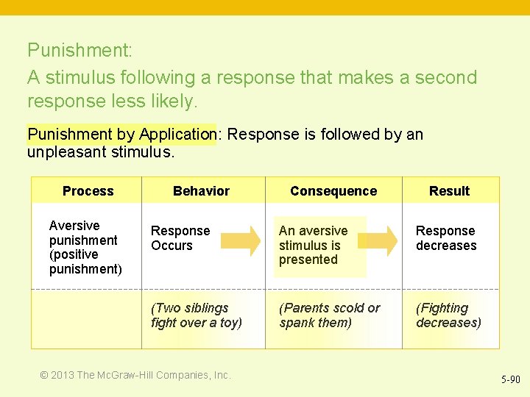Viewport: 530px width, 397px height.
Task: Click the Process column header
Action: pos(88,191)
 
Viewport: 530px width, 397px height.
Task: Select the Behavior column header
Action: pos(201,191)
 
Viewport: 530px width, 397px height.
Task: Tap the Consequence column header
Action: pos(333,191)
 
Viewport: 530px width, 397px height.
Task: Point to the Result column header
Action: pos(449,191)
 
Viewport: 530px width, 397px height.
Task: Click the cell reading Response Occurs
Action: pos(180,238)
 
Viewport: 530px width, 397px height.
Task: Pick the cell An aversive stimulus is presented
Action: pos(313,245)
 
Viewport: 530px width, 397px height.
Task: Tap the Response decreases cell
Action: pos(446,238)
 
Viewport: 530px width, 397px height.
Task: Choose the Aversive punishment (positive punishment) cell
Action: pos(85,247)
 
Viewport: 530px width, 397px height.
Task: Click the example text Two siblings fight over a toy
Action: pos(196,315)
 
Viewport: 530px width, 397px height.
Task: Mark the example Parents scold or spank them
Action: pos(330,315)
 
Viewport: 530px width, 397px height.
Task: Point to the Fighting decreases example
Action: pos(448,315)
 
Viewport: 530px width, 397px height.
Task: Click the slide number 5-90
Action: pos(510,379)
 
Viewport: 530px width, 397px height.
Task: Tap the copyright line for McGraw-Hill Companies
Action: pos(135,375)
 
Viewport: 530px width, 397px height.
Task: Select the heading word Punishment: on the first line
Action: pos(79,51)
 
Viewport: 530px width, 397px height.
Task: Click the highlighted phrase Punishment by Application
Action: pos(121,135)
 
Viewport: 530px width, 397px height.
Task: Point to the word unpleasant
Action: pos(63,152)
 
